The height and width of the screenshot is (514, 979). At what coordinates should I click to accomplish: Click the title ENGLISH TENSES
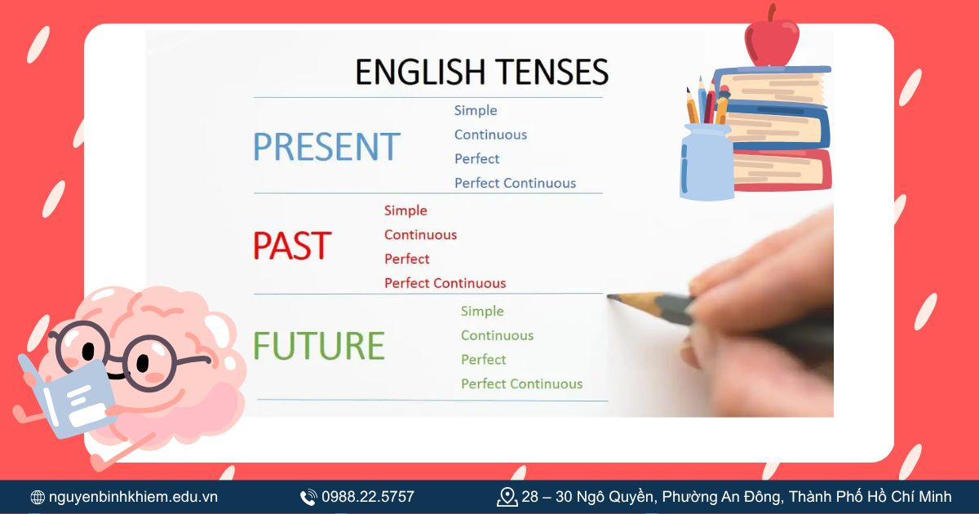[481, 72]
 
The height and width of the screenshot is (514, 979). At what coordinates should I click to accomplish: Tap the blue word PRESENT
[326, 147]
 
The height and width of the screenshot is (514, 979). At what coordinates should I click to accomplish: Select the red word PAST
[291, 246]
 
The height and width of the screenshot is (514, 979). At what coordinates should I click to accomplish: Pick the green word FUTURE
[318, 346]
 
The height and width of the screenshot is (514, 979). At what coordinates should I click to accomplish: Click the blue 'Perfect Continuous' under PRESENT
[515, 183]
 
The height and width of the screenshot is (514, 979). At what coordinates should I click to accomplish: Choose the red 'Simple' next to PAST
[405, 210]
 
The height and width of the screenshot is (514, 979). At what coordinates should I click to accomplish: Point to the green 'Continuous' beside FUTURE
[497, 335]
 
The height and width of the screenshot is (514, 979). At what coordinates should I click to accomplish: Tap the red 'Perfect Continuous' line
[445, 283]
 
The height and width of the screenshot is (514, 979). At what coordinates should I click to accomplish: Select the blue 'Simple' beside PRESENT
[476, 110]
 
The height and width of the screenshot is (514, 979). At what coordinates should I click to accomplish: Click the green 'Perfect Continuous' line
[521, 383]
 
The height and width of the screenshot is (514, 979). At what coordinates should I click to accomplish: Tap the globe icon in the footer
[38, 497]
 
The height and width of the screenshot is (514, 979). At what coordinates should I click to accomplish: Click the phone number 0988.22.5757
[368, 497]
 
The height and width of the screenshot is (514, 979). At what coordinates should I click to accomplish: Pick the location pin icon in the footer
[507, 496]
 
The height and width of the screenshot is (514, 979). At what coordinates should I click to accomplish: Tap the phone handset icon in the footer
[308, 497]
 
